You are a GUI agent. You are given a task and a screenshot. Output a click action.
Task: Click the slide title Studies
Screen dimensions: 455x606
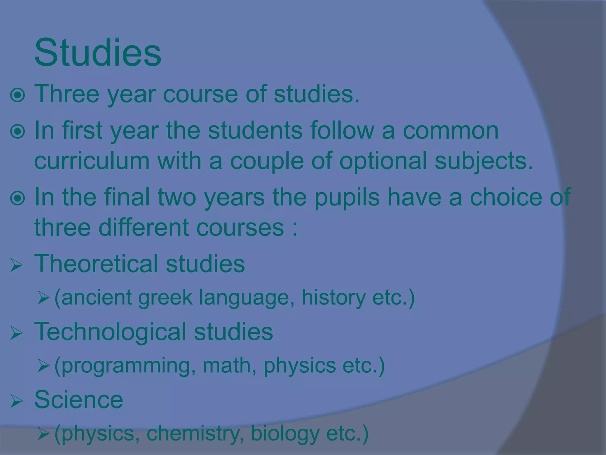click(x=98, y=53)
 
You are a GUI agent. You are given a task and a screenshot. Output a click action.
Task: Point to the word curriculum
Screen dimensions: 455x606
click(x=92, y=161)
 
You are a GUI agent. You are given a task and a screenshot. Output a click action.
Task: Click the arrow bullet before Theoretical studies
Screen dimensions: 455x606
click(x=16, y=265)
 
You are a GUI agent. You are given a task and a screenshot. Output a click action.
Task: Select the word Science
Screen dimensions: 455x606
click(x=79, y=399)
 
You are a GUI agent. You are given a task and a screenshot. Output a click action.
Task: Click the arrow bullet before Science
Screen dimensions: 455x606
click(x=16, y=401)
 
